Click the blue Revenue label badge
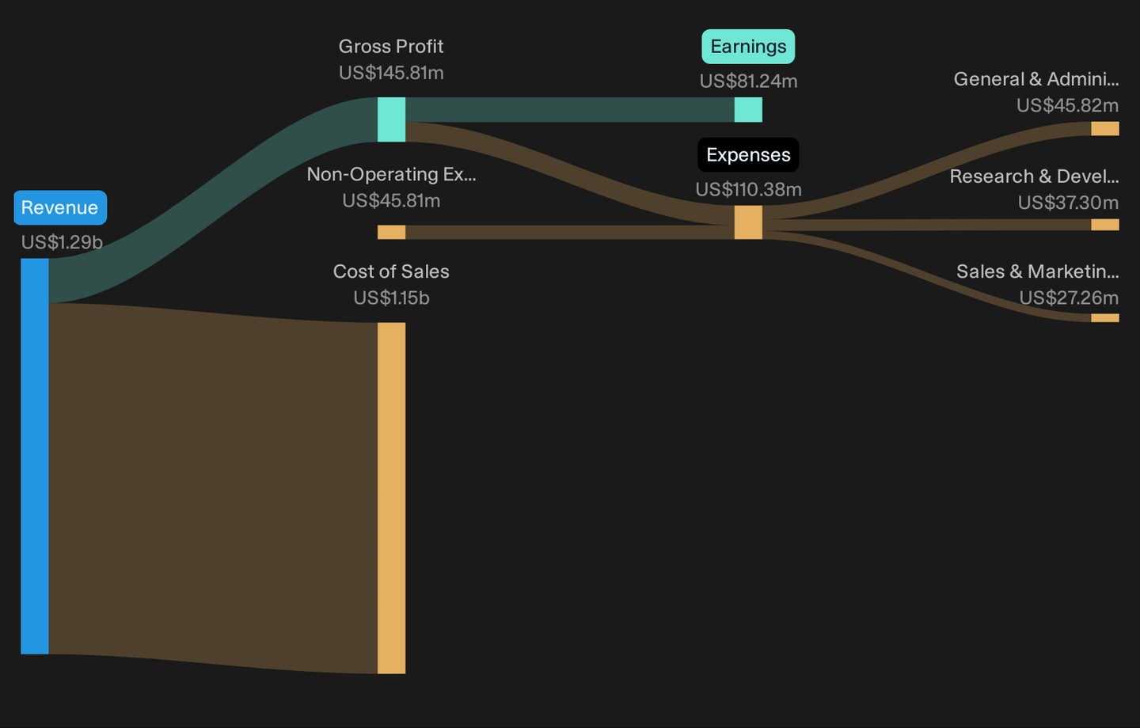(60, 207)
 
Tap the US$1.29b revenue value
(62, 242)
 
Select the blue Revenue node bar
(35, 457)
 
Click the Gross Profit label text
(391, 47)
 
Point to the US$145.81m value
(391, 73)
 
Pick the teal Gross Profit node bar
(391, 119)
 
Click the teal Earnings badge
(748, 47)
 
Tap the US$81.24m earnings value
(748, 81)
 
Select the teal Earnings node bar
(748, 110)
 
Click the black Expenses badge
(748, 154)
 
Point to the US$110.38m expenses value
(748, 189)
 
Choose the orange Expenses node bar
(748, 222)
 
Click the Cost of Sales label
(391, 271)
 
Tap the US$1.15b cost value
(391, 298)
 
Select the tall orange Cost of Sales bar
(391, 498)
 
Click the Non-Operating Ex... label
(391, 174)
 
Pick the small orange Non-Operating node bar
(391, 232)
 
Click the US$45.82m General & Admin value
(1067, 105)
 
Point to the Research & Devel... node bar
(1105, 225)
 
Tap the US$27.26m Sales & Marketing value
(1069, 298)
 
